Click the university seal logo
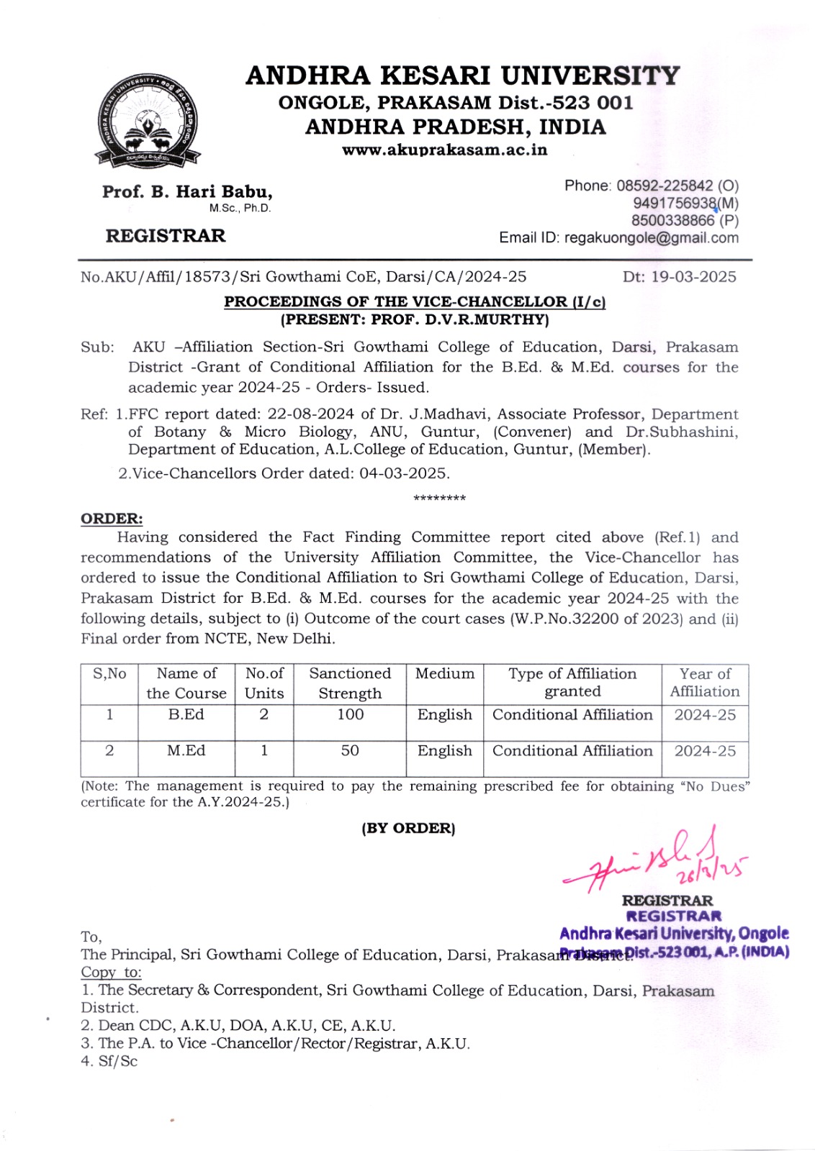click(x=148, y=119)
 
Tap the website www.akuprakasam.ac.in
click(x=444, y=150)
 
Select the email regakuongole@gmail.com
click(x=651, y=238)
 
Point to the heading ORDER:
click(x=112, y=519)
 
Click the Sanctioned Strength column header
click(x=350, y=683)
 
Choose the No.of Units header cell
click(x=264, y=683)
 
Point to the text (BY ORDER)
click(x=408, y=828)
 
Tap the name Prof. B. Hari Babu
click(x=187, y=192)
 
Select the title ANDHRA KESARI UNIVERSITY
click(x=462, y=76)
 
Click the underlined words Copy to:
click(x=111, y=973)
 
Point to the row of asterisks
click(x=439, y=498)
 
